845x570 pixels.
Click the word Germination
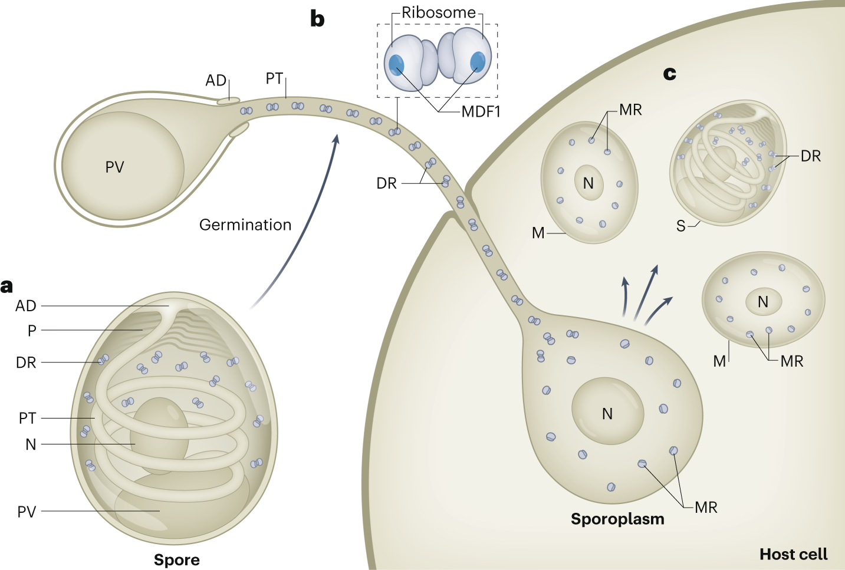click(x=245, y=225)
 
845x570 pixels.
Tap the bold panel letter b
click(x=317, y=19)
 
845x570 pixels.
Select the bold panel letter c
click(x=670, y=74)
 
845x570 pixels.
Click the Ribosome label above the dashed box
click(x=438, y=13)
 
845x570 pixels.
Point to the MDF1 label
click(x=481, y=112)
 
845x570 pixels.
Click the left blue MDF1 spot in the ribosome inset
click(x=396, y=65)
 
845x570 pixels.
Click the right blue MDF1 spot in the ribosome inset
click(x=478, y=61)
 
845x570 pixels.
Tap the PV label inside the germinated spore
click(x=114, y=167)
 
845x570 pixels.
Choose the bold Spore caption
click(x=176, y=560)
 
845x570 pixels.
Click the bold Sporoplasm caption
click(x=617, y=519)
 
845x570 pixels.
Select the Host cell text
click(x=793, y=554)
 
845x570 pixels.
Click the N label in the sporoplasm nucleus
click(x=607, y=414)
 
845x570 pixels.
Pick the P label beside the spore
click(x=32, y=331)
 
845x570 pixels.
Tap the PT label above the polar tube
click(x=274, y=78)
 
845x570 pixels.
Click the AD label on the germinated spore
click(x=216, y=80)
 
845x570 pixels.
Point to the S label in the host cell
click(x=680, y=226)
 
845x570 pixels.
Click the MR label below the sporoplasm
click(x=706, y=508)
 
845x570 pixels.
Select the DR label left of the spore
click(x=26, y=363)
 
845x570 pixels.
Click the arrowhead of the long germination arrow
click(x=336, y=139)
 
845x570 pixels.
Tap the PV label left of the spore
click(x=27, y=512)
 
